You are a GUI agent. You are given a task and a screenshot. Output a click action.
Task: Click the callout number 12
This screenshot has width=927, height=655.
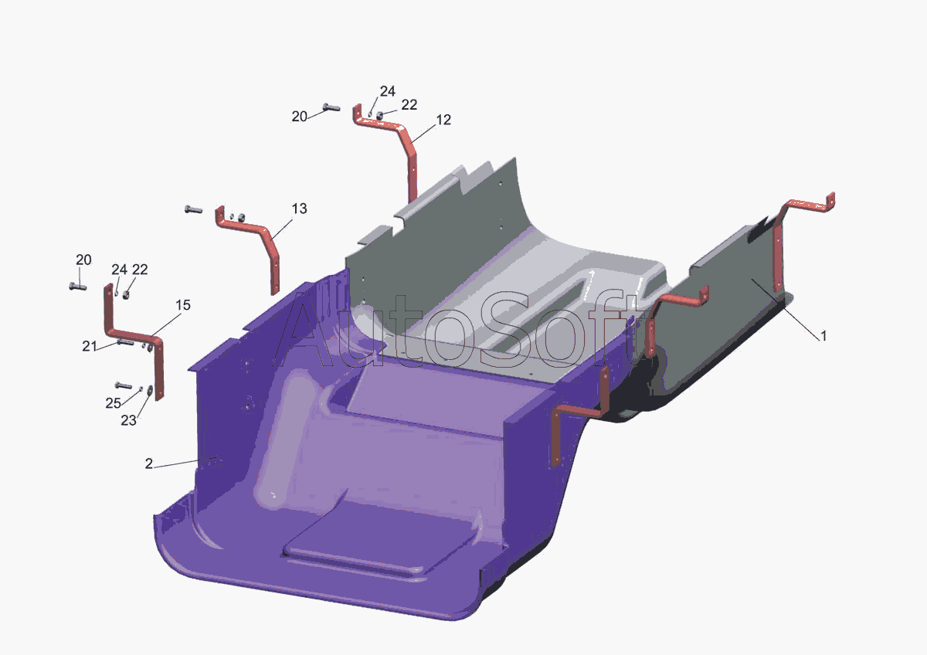point(443,120)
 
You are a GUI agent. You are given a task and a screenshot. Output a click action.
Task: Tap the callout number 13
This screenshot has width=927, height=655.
point(299,209)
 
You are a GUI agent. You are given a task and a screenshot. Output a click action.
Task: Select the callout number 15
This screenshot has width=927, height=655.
point(183,305)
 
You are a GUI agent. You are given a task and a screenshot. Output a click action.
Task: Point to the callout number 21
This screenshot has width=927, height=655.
point(90,346)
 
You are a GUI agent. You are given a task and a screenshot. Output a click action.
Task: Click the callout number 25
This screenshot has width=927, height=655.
point(113,403)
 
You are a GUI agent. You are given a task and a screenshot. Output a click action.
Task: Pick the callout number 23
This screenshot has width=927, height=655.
point(128,420)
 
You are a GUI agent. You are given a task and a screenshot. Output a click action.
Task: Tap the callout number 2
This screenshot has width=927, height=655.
point(149,463)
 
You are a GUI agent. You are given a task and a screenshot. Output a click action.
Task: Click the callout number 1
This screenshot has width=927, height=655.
point(823,336)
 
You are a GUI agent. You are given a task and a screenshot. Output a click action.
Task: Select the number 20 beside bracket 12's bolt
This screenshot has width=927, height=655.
point(299,117)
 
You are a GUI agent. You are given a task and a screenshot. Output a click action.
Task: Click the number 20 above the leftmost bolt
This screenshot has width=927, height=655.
point(83,260)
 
